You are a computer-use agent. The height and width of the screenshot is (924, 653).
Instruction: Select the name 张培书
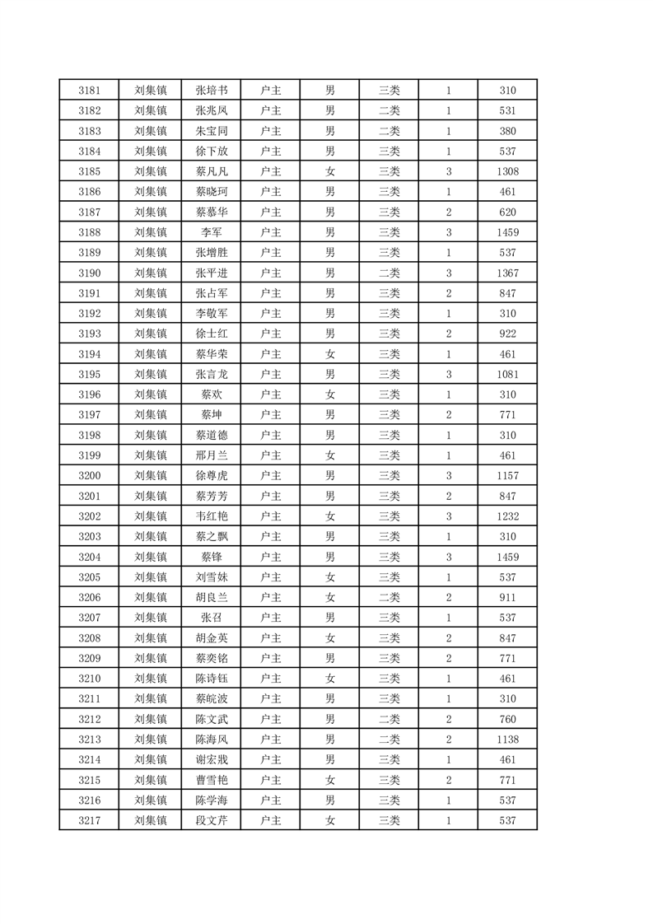click(x=212, y=91)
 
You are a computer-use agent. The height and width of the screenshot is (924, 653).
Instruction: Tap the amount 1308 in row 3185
click(x=507, y=171)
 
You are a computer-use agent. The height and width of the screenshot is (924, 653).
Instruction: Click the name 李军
click(x=212, y=232)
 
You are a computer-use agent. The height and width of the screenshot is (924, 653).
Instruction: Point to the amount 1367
click(x=507, y=273)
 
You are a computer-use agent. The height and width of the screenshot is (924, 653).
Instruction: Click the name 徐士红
click(x=212, y=334)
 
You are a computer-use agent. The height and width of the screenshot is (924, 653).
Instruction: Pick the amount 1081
click(x=507, y=375)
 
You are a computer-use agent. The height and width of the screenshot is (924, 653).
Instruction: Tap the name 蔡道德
click(x=212, y=435)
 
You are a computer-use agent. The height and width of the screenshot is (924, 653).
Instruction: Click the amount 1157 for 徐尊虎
click(x=507, y=476)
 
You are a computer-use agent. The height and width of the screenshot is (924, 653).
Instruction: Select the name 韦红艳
click(x=212, y=516)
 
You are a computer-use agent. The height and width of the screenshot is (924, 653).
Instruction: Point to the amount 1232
click(x=507, y=516)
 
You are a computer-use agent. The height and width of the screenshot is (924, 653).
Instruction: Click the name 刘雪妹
click(x=212, y=577)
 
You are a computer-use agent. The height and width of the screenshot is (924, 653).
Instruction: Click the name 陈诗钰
click(x=212, y=679)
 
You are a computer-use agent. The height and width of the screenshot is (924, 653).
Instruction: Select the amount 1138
click(x=507, y=740)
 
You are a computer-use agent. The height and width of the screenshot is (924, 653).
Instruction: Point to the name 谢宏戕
click(x=212, y=759)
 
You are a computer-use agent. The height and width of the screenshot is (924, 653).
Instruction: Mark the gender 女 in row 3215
click(x=329, y=780)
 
